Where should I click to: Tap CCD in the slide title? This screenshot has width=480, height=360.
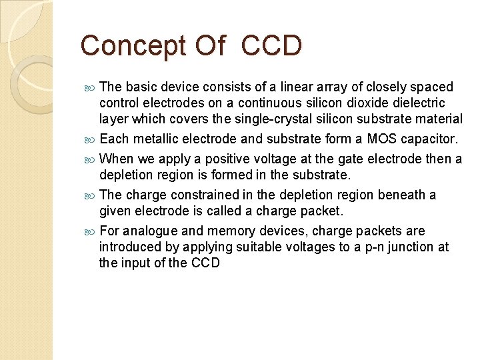pyautogui.click(x=272, y=46)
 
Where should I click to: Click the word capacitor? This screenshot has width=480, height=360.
pyautogui.click(x=429, y=139)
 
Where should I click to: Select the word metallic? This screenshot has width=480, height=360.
pyautogui.click(x=158, y=139)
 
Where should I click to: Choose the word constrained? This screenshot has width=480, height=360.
pyautogui.click(x=205, y=195)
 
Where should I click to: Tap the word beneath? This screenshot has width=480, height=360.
pyautogui.click(x=401, y=195)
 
